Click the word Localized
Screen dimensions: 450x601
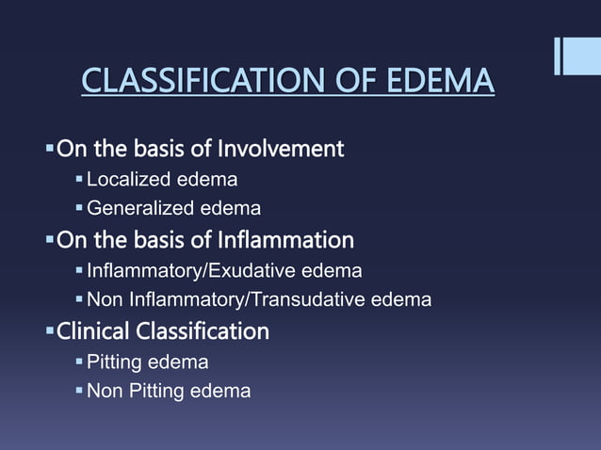click(x=126, y=179)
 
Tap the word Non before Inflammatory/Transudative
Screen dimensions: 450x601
click(x=103, y=300)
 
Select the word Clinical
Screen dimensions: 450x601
click(x=93, y=331)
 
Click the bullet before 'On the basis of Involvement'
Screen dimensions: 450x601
click(x=51, y=149)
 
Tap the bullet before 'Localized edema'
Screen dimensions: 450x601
click(x=80, y=179)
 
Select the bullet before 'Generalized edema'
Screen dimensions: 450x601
click(x=80, y=208)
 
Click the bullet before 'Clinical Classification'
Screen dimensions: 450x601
click(x=51, y=331)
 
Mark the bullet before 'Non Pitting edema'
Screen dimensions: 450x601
click(x=80, y=391)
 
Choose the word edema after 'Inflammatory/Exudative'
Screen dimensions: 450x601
click(x=337, y=271)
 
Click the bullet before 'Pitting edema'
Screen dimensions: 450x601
click(x=80, y=362)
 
